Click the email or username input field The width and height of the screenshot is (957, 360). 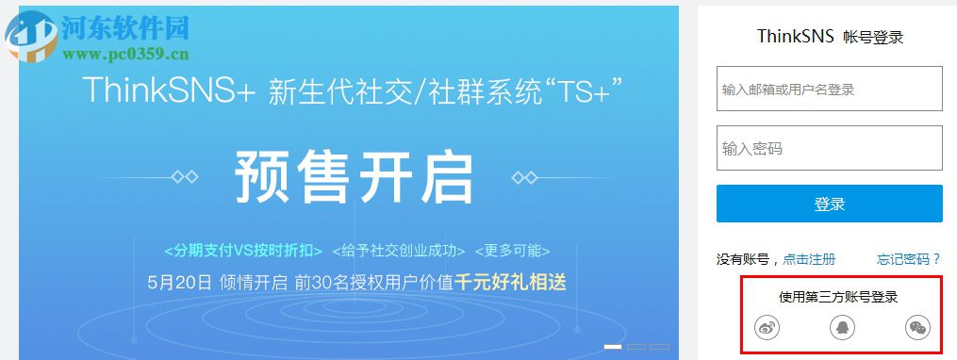click(x=829, y=90)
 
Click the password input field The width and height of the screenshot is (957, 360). click(x=829, y=149)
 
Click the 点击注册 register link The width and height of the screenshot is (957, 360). click(x=809, y=259)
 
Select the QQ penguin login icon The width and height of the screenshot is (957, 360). click(x=841, y=327)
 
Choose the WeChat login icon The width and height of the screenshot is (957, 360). click(x=916, y=327)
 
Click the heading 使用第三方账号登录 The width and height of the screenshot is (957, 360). click(x=838, y=297)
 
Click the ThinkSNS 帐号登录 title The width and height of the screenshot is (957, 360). click(x=830, y=37)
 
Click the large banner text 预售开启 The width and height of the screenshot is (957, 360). click(x=354, y=176)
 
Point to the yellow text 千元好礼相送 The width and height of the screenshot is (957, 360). click(x=510, y=282)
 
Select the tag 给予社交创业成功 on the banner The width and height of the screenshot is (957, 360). click(x=399, y=251)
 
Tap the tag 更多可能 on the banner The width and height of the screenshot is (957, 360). click(x=512, y=251)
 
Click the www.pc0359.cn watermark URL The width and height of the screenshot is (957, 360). click(x=125, y=53)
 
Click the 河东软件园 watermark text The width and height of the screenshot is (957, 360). click(x=125, y=26)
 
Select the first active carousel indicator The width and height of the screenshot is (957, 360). click(x=613, y=347)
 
